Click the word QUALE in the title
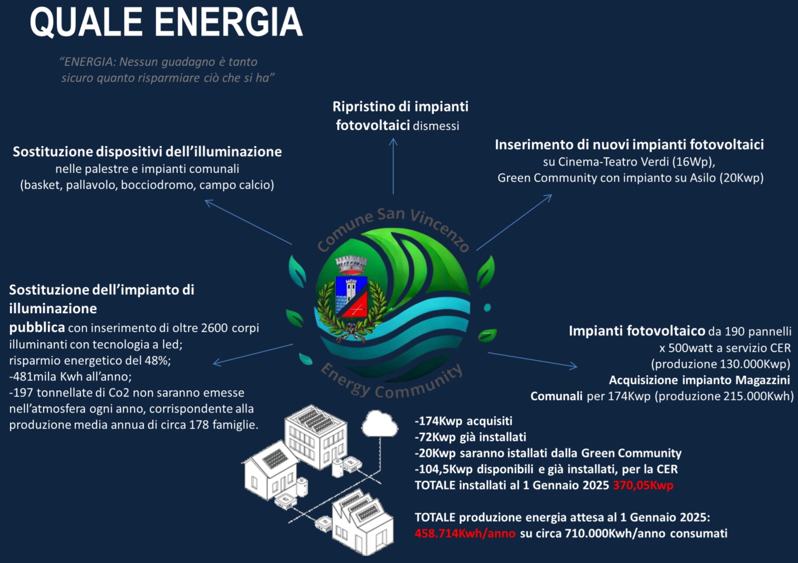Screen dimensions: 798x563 (86, 22)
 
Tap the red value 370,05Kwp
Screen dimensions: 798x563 (643, 486)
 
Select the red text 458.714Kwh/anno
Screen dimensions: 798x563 (465, 533)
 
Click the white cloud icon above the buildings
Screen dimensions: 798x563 (380, 424)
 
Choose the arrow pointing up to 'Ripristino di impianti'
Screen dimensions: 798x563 (393, 166)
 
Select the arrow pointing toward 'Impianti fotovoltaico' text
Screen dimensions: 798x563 (533, 360)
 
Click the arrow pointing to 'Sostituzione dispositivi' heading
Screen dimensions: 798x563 (248, 222)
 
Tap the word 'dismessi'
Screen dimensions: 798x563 (436, 126)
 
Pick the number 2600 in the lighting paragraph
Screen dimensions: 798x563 (215, 328)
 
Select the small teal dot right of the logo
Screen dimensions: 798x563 (487, 307)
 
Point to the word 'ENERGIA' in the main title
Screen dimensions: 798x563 (228, 22)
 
